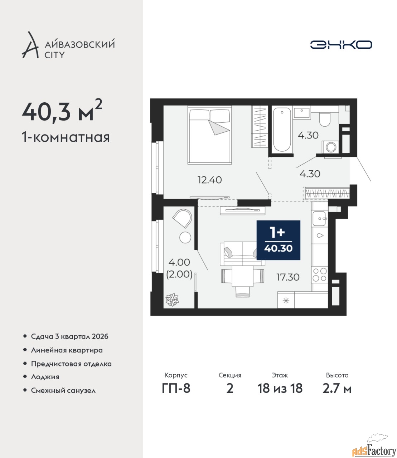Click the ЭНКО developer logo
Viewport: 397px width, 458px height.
341,44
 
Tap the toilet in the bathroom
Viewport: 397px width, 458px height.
325,120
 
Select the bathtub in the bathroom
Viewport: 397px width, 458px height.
282,130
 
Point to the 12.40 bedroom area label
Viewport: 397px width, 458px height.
209,180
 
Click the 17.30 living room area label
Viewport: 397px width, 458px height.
288,277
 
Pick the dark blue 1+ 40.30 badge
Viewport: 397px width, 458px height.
279,240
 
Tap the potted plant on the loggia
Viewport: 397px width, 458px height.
172,300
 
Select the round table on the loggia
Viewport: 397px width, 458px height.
185,237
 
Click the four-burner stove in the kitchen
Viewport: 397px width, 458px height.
320,275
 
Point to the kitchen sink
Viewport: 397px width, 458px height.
319,219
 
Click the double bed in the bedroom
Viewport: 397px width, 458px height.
209,135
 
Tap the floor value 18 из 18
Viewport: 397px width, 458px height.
280,389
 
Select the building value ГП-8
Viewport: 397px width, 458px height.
176,389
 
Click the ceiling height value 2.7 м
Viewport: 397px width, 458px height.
337,389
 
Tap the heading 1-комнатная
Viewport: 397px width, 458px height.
66,137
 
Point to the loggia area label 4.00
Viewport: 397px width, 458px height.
179,262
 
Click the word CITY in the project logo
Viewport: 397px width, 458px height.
55,55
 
